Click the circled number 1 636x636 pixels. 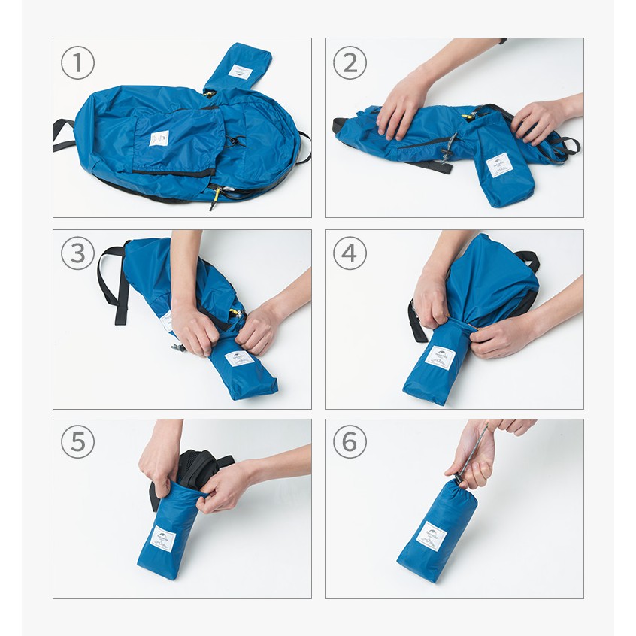(x=77, y=64)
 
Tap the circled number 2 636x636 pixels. (x=350, y=64)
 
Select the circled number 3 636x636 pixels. (x=77, y=254)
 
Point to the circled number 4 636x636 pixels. (x=350, y=254)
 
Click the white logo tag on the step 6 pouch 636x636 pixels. (x=432, y=536)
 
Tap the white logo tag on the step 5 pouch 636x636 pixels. (x=162, y=538)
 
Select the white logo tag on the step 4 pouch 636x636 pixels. (x=440, y=356)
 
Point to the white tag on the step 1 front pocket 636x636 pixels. (x=160, y=138)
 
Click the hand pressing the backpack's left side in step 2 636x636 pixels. (x=402, y=105)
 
